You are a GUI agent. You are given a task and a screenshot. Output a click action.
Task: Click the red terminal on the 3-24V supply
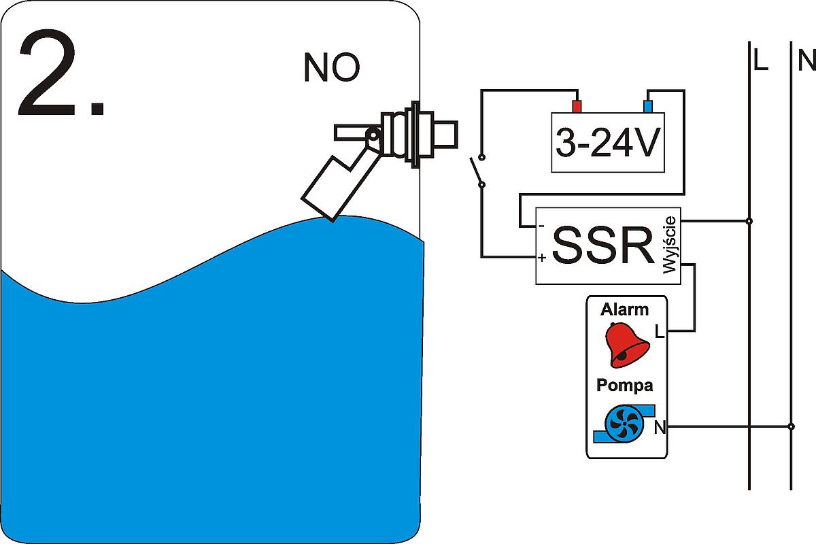tap(577, 107)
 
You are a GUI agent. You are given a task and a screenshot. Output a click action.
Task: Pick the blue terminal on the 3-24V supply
tap(648, 107)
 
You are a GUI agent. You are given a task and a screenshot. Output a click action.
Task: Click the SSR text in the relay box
tap(602, 245)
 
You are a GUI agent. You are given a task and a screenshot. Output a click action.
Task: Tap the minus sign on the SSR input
tap(541, 226)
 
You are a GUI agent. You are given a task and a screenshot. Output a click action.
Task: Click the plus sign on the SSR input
tap(541, 258)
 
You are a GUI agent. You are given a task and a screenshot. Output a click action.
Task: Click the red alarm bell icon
tap(626, 345)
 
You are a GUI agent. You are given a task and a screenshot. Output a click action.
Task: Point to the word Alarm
tap(624, 310)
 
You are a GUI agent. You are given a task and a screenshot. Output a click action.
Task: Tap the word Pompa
tap(624, 386)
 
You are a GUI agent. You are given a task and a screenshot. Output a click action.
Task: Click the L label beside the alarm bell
tap(659, 332)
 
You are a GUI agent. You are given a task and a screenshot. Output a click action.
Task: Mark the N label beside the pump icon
tap(659, 427)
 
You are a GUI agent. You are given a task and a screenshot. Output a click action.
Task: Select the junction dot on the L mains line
tap(749, 221)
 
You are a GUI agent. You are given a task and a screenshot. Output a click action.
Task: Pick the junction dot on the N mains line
tap(791, 427)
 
